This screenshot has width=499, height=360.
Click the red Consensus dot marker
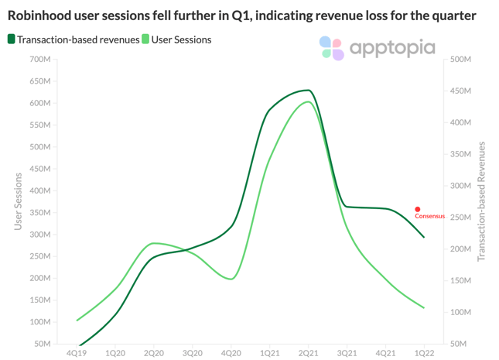tap(418, 209)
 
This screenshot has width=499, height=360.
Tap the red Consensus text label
tap(430, 217)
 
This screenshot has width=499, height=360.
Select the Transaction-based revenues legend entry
tap(73, 39)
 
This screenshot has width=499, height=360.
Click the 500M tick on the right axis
tap(460, 60)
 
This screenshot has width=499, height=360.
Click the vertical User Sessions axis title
tap(18, 201)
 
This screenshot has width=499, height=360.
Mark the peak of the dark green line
tap(308, 91)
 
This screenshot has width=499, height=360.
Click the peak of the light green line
tap(308, 101)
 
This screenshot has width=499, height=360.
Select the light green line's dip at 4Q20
tap(231, 279)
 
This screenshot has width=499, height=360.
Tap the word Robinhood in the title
tap(43, 15)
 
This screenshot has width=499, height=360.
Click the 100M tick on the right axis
tap(460, 312)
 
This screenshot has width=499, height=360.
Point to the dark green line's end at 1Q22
tap(424, 237)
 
